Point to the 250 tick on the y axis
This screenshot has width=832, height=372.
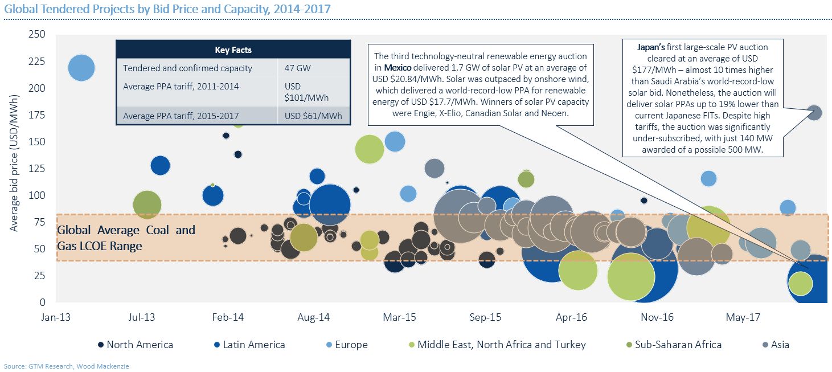[x=38, y=35]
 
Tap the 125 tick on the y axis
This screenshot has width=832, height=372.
[x=38, y=169]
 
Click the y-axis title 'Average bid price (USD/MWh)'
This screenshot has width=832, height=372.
[x=13, y=167]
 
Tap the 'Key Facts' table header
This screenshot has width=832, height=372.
[x=233, y=50]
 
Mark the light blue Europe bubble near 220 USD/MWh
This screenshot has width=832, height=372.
[x=81, y=68]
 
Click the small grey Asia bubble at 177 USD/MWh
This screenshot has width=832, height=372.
[x=814, y=113]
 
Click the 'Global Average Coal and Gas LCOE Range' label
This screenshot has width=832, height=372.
[x=126, y=238]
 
